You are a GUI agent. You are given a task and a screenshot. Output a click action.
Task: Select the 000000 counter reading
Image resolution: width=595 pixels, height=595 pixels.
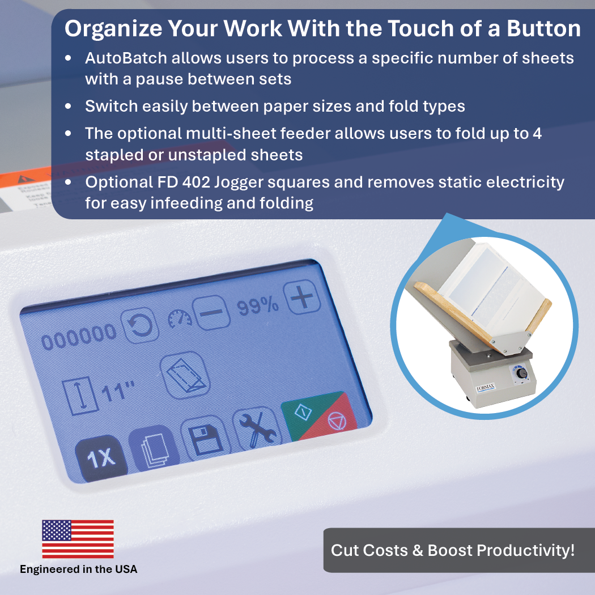click(79, 338)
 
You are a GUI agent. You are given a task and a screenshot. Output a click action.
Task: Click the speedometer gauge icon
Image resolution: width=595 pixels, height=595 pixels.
click(180, 320)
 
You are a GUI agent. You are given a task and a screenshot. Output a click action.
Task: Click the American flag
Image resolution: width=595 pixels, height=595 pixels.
click(78, 539)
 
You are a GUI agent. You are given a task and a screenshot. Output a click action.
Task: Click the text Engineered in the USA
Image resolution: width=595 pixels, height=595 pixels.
click(79, 569)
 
